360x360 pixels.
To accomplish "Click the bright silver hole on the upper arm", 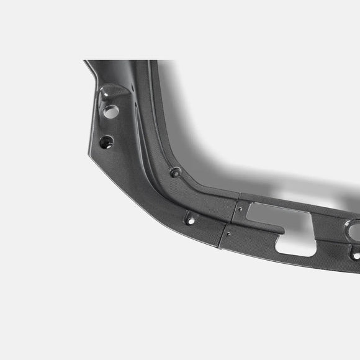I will pos(110,112).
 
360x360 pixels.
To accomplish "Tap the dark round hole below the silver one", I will pos(106,142).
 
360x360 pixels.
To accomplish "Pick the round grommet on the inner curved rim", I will pos(176,172).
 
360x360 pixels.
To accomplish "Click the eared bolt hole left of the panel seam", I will pos(190,220).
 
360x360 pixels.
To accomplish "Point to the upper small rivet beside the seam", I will pos(240,209).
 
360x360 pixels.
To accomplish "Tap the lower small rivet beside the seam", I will pos(228,235).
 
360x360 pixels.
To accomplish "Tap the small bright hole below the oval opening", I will pos(355,255).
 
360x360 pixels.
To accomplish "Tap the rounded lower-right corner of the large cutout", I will pos(313,251).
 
